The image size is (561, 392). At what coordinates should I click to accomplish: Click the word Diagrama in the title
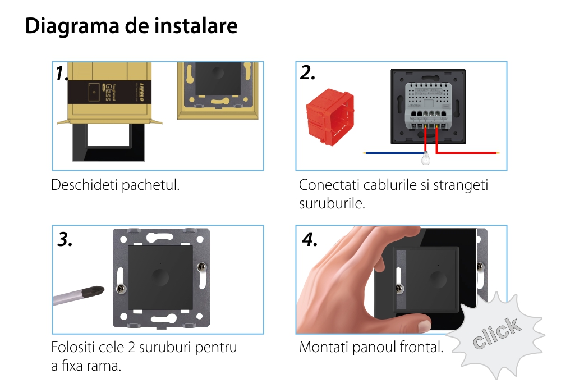[72, 26]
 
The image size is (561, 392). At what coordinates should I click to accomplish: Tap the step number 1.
[62, 73]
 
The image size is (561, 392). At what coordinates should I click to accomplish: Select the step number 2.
[307, 73]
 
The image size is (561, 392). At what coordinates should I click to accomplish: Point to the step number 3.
[65, 239]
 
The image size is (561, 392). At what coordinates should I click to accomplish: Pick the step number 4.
[310, 239]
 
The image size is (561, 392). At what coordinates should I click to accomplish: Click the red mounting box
[330, 117]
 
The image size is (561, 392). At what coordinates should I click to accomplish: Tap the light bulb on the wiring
[425, 158]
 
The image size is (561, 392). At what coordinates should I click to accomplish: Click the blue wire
[394, 153]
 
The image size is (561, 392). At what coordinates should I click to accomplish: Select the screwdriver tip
[93, 291]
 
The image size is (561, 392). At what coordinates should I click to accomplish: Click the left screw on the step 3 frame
[122, 289]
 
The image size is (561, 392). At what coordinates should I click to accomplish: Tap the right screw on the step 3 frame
[201, 266]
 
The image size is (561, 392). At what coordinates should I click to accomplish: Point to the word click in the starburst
[496, 332]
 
